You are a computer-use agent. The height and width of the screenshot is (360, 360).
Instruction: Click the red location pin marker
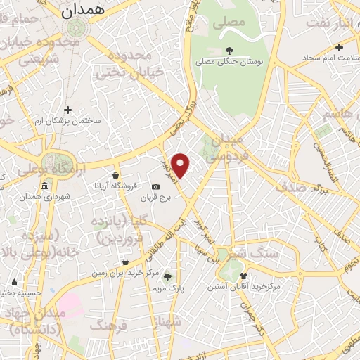click(181, 165)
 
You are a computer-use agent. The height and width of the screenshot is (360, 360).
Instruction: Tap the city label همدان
click(77, 11)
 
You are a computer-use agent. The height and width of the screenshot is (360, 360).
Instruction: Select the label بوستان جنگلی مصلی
click(230, 63)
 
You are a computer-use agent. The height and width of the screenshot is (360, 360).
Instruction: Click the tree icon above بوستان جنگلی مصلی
click(230, 50)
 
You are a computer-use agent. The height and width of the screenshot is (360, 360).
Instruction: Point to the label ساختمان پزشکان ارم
click(68, 121)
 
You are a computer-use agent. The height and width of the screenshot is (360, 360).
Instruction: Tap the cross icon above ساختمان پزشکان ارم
click(68, 110)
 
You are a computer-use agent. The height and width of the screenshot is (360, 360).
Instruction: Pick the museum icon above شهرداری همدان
click(46, 186)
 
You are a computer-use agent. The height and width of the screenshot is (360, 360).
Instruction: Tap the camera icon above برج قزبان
click(155, 187)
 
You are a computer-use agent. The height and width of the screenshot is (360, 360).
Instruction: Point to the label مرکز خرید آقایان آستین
click(244, 287)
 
